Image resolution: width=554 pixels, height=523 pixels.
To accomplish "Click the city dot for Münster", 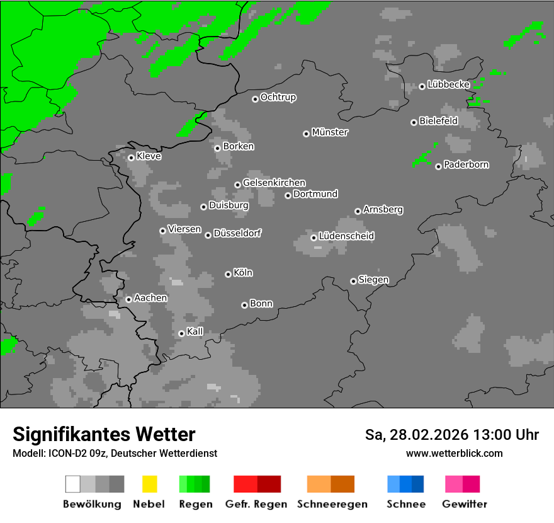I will (306, 134).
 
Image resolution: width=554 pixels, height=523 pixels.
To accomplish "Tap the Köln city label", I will (243, 273).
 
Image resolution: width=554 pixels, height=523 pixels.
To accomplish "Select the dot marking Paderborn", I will (438, 166).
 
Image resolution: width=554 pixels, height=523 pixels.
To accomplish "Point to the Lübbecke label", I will (448, 84).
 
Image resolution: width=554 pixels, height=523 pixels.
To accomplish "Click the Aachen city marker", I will (128, 299).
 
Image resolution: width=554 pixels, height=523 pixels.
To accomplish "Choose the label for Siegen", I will (373, 280).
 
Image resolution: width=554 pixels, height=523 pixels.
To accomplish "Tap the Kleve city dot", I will (131, 158).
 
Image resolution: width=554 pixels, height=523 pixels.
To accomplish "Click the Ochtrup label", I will (278, 98).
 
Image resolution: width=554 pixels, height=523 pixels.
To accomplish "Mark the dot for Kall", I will (181, 333).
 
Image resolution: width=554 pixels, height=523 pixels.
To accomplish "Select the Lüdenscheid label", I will (346, 236).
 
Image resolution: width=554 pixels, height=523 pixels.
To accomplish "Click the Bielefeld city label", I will (438, 121).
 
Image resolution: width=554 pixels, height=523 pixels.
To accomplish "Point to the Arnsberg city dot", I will (358, 211).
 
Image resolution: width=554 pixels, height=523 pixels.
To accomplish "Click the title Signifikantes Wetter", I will (104, 434).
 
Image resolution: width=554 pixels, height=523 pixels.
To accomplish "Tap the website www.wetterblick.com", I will (454, 453).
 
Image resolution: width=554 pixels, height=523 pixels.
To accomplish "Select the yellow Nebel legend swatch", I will (149, 484).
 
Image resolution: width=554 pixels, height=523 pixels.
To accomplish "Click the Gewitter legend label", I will (465, 504).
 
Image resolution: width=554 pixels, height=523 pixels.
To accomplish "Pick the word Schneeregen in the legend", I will (332, 504).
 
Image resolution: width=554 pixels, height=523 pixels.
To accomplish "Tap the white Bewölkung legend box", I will (72, 484).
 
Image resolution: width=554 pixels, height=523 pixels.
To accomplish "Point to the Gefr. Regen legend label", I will (256, 504).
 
